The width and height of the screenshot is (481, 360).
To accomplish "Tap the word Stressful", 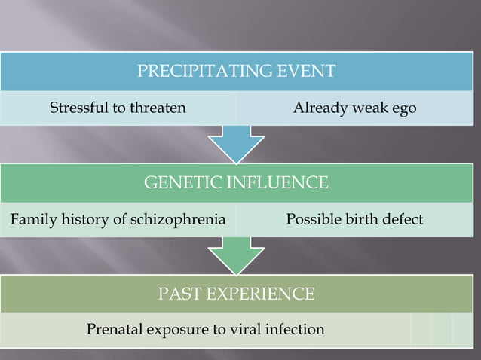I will click(x=78, y=108).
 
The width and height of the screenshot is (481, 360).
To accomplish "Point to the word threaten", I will click(x=158, y=108).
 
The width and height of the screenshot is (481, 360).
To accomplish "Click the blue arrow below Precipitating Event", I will click(x=236, y=143).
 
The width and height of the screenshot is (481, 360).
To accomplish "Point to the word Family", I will click(x=31, y=220).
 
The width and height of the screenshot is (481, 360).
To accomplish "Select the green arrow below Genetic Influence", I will click(x=236, y=255).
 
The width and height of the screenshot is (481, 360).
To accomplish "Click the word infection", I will click(x=297, y=330).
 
